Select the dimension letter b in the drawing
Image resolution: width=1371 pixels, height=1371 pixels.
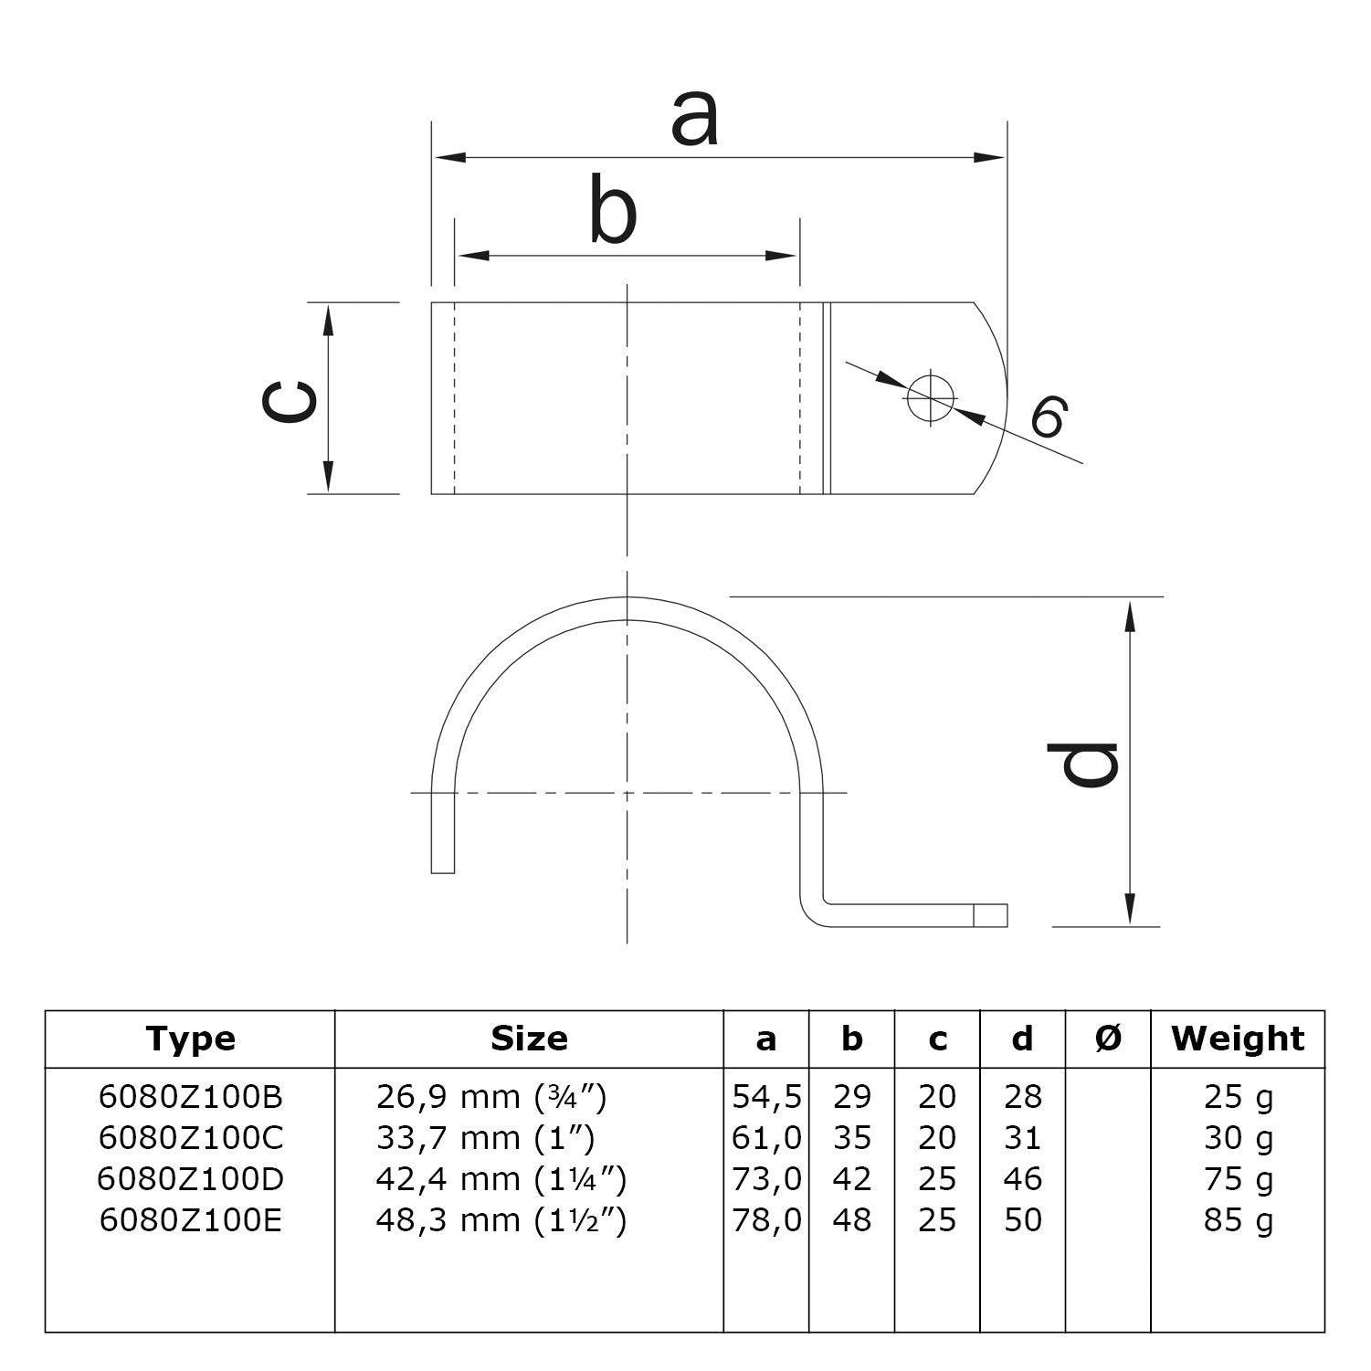pyautogui.click(x=612, y=212)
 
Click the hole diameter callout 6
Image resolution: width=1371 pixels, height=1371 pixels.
pyautogui.click(x=1048, y=418)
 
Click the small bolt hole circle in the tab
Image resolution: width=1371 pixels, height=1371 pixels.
pyautogui.click(x=930, y=397)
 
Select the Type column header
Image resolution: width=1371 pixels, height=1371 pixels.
pyautogui.click(x=190, y=1039)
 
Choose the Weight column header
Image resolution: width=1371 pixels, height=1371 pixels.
pyautogui.click(x=1238, y=1039)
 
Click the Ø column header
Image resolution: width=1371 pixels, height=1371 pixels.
pyautogui.click(x=1107, y=1039)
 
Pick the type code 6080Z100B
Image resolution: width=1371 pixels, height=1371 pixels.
pyautogui.click(x=191, y=1096)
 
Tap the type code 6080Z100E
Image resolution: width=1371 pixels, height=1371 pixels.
pyautogui.click(x=191, y=1220)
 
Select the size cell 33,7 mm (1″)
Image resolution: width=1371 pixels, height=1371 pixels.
pyautogui.click(x=485, y=1138)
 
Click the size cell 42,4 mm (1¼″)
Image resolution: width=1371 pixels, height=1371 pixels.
pyautogui.click(x=501, y=1179)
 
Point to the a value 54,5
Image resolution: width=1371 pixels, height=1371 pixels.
pyautogui.click(x=766, y=1096)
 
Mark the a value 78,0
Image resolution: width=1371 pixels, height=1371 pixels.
pyautogui.click(x=766, y=1220)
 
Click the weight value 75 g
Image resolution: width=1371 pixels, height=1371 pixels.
pyautogui.click(x=1238, y=1179)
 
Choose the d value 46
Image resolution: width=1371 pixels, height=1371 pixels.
pyautogui.click(x=1022, y=1179)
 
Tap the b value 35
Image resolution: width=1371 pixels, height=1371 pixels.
pyautogui.click(x=851, y=1138)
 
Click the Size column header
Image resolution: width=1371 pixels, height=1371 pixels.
pyautogui.click(x=529, y=1039)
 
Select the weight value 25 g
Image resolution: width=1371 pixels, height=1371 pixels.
pyautogui.click(x=1238, y=1096)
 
